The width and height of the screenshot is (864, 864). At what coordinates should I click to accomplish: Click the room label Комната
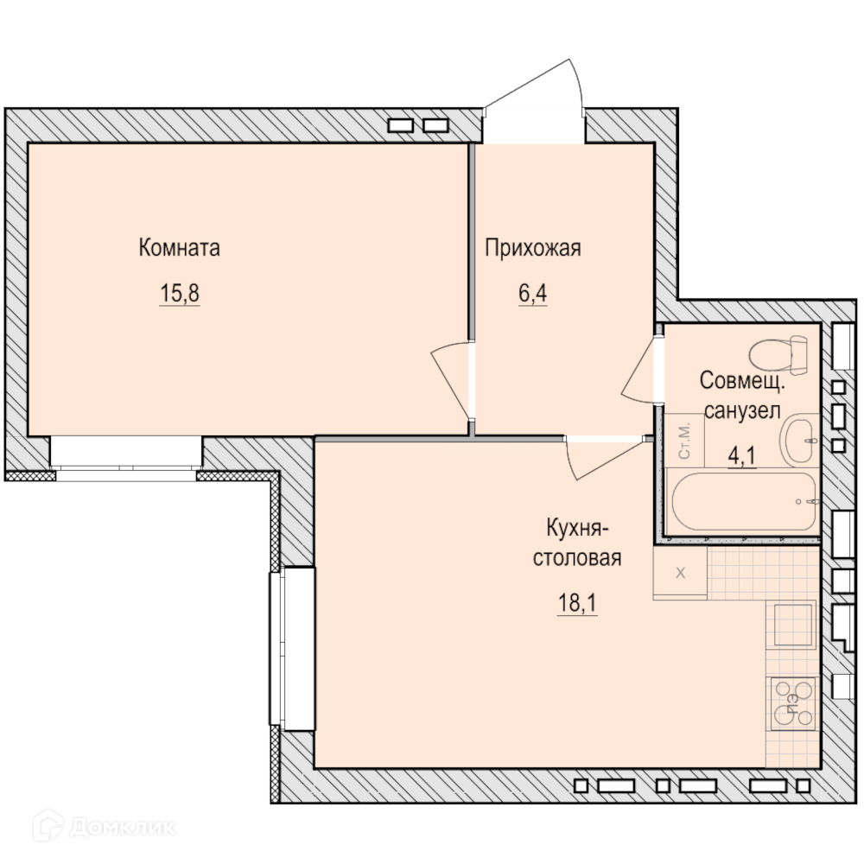click(x=179, y=248)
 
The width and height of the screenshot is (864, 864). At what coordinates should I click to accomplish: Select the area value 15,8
click(x=180, y=293)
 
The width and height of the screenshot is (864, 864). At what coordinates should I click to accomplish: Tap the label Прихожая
click(x=533, y=249)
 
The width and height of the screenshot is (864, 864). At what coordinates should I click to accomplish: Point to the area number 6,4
click(x=533, y=293)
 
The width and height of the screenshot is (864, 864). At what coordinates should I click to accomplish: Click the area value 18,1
click(x=577, y=603)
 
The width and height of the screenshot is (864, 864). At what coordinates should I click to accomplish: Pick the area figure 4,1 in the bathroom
click(x=741, y=456)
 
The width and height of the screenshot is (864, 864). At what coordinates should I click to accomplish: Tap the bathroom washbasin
click(x=798, y=441)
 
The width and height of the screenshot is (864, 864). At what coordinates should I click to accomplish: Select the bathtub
click(x=743, y=501)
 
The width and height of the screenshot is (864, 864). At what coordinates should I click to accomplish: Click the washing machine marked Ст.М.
click(x=684, y=441)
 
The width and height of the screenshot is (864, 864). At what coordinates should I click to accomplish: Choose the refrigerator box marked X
click(x=680, y=573)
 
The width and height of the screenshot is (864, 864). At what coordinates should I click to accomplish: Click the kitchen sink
click(x=793, y=625)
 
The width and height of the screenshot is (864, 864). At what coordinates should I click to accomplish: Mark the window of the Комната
click(x=126, y=459)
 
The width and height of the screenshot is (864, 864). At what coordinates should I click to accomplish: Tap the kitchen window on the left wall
click(x=292, y=649)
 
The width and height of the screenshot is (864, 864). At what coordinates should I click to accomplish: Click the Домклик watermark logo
click(x=104, y=827)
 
